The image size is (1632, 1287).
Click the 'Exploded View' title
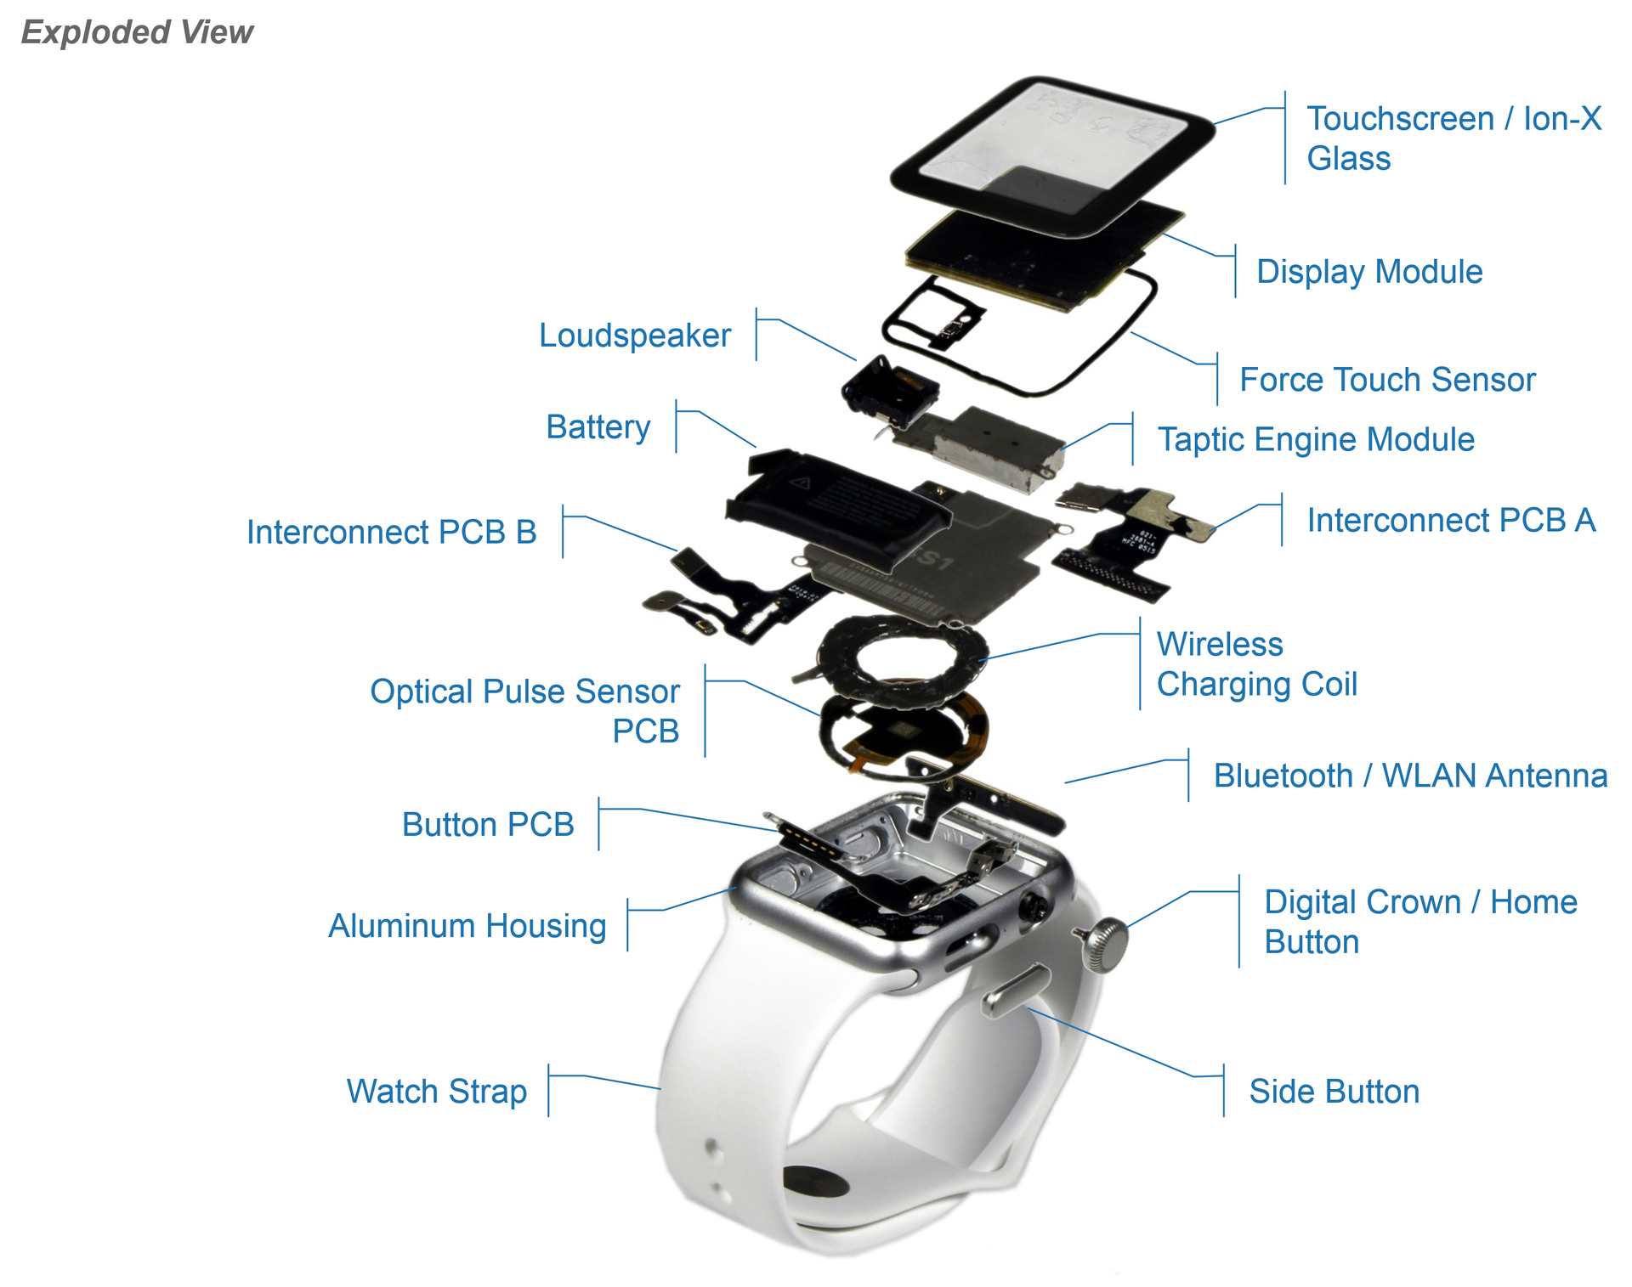point(137,32)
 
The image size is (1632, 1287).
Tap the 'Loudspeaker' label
point(634,336)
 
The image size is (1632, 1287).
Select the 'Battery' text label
point(598,426)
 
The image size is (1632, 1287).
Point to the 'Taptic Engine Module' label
point(1315,439)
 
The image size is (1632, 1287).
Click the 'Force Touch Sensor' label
point(1386,380)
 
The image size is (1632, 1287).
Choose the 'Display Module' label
point(1368,272)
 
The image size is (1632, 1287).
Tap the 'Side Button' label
point(1333,1092)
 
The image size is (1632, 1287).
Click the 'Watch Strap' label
point(436,1092)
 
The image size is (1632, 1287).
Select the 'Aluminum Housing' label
point(467,926)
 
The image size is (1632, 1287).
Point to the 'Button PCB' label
point(487,825)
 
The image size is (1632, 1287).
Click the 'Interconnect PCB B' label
point(391,533)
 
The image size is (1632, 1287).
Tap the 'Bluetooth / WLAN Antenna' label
point(1409,776)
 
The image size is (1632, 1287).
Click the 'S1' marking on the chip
point(935,560)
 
